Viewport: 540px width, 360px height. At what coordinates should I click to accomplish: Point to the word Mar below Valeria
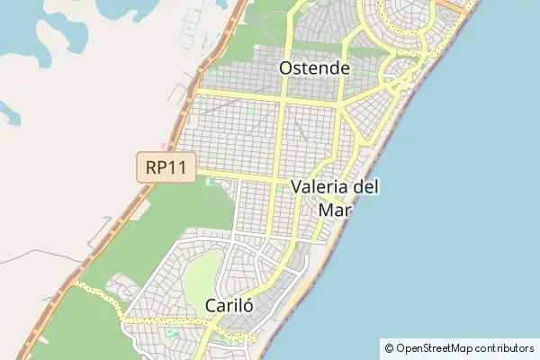pos(334,209)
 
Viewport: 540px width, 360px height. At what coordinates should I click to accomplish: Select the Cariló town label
pos(229,304)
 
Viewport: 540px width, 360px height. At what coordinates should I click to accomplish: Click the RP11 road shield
pos(166,167)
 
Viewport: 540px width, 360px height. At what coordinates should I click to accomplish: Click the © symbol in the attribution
pos(389,347)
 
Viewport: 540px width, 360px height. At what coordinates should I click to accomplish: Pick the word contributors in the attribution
pos(504,347)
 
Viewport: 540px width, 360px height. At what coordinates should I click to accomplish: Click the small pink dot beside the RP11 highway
pos(163,145)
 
